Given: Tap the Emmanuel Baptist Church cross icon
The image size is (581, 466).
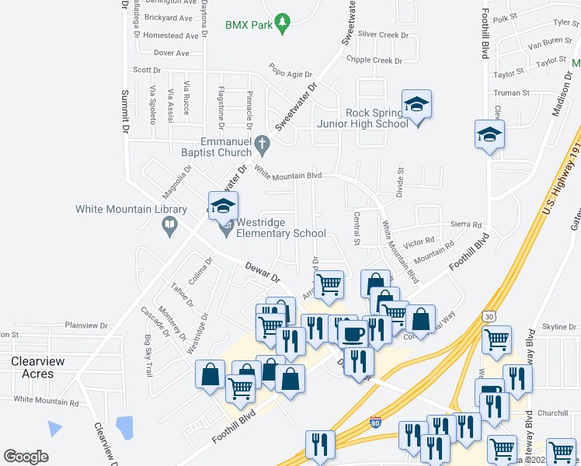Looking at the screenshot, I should (263, 143).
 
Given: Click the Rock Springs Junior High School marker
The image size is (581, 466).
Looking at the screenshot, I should (416, 105).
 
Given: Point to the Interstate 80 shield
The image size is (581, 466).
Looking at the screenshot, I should (375, 424).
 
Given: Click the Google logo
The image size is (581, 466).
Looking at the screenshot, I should (26, 457).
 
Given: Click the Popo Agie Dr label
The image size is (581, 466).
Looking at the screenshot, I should (290, 70).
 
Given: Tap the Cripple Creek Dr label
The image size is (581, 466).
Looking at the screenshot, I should (374, 60).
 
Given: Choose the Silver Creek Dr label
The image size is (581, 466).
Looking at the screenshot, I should (383, 34).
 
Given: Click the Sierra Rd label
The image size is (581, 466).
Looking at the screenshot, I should (466, 224).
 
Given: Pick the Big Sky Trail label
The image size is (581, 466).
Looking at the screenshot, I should (148, 356).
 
